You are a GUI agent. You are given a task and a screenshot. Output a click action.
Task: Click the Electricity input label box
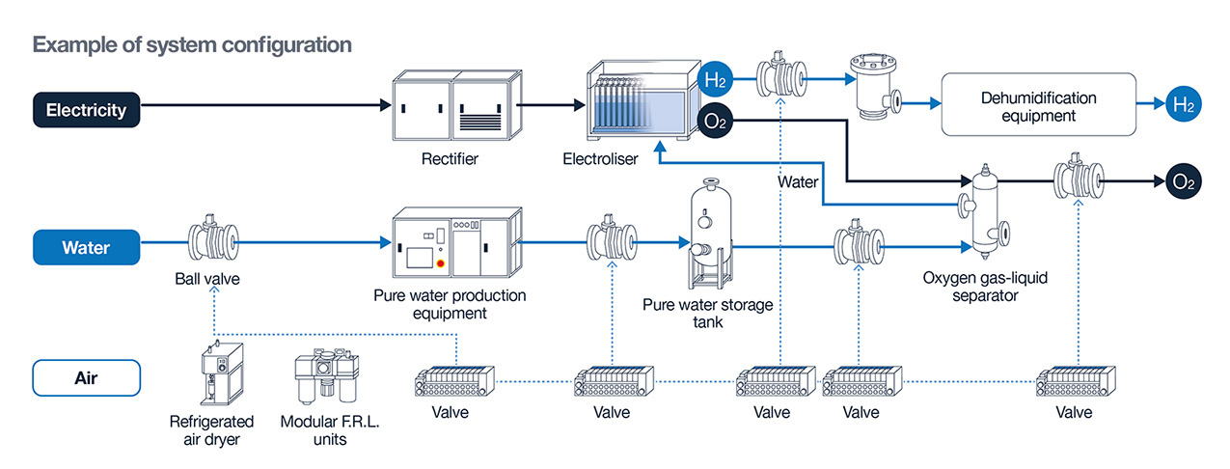pyautogui.click(x=86, y=109)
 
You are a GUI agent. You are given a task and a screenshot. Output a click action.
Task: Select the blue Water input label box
pyautogui.click(x=86, y=247)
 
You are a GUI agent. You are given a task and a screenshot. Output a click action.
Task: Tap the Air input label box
pyautogui.click(x=86, y=377)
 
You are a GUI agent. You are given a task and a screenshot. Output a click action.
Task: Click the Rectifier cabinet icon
pyautogui.click(x=456, y=108)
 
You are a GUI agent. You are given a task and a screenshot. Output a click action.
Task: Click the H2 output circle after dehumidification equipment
pyautogui.click(x=1181, y=106)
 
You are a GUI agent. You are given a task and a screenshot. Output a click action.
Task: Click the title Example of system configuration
pyautogui.click(x=192, y=44)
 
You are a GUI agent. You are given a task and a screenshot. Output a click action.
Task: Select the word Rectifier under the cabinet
pyautogui.click(x=451, y=158)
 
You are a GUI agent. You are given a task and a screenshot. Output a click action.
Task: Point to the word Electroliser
pyautogui.click(x=600, y=159)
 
